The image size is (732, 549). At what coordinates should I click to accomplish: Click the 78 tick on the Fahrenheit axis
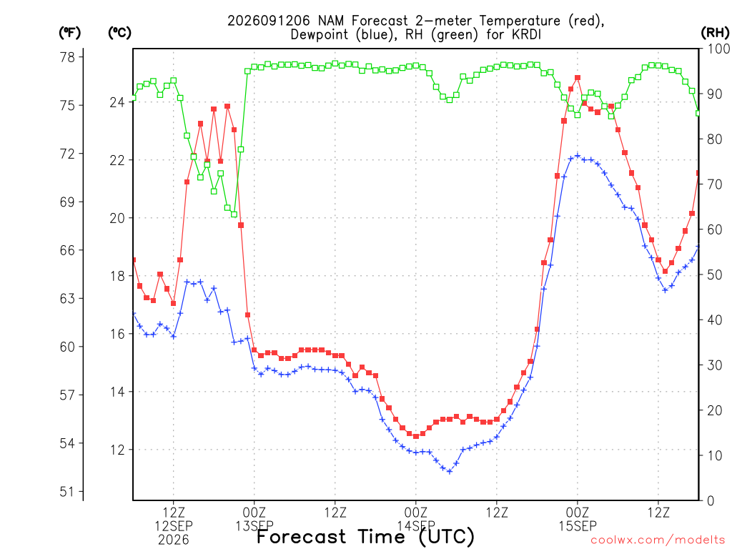click(x=68, y=57)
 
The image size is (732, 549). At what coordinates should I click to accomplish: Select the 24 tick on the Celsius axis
click(x=117, y=102)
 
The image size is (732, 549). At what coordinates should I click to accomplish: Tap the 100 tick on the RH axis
click(x=718, y=49)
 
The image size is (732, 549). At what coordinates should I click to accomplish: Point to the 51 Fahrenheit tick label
click(x=68, y=492)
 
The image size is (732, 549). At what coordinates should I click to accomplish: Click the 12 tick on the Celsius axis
click(x=117, y=450)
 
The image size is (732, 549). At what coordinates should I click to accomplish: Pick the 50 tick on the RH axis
click(x=715, y=275)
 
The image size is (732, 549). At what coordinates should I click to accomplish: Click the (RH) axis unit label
click(x=715, y=32)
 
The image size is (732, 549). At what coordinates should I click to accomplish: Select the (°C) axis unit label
click(x=119, y=32)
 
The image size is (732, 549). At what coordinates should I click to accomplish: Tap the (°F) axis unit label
click(x=70, y=32)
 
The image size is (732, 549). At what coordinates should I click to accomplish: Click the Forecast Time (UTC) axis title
click(x=365, y=536)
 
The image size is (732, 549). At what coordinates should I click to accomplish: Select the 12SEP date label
click(x=174, y=526)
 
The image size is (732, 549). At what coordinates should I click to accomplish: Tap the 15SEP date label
click(x=578, y=526)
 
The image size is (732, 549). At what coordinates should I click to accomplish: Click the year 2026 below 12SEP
click(x=174, y=540)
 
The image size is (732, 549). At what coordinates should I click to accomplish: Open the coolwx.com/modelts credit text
click(x=658, y=540)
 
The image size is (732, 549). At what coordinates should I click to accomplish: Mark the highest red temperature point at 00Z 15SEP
click(x=578, y=78)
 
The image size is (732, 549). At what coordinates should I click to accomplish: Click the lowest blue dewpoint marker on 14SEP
click(x=450, y=472)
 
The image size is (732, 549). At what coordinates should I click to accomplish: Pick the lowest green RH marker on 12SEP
click(x=234, y=214)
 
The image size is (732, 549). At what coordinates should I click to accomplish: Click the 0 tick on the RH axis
click(x=711, y=501)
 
